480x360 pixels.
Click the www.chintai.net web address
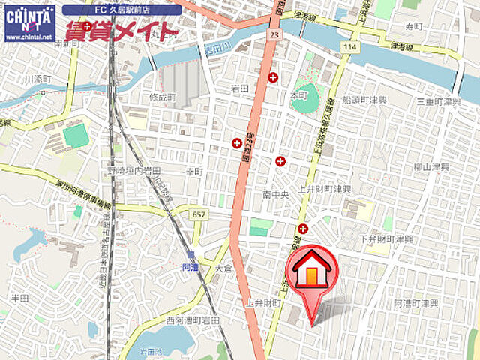tap(29, 37)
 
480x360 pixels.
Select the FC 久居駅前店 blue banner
tap(121, 10)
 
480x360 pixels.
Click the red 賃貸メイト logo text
tap(121, 31)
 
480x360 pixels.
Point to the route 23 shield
tap(275, 34)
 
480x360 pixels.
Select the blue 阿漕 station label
tap(190, 266)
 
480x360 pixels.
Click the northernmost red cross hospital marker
tap(273, 76)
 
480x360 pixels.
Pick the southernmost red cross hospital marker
tap(303, 229)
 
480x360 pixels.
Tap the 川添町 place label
tap(36, 79)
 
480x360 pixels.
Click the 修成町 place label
tap(161, 97)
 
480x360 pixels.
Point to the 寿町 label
tap(414, 26)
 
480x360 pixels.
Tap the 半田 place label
tap(19, 298)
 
